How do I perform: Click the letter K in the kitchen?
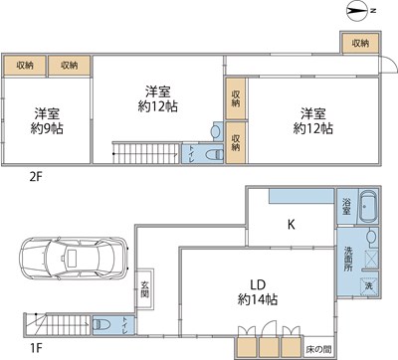click(x=292, y=226)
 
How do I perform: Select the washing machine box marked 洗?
click(x=367, y=286)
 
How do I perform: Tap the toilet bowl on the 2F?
click(x=210, y=153)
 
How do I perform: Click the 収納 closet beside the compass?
click(x=359, y=44)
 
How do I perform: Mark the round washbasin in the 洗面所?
click(x=370, y=238)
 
